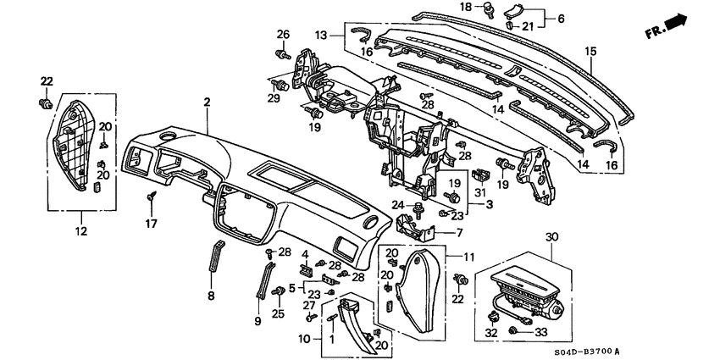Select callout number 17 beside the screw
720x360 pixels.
(152, 224)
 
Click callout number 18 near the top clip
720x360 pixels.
(490, 7)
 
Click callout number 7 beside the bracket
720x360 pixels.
(459, 231)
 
